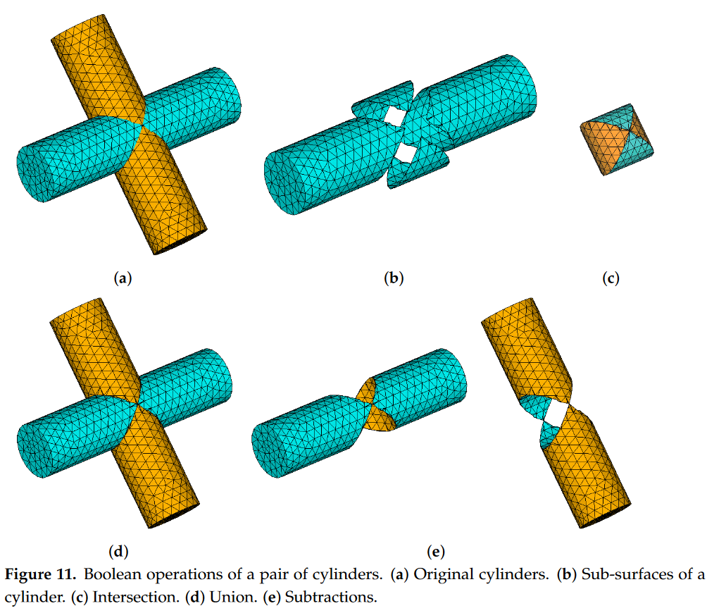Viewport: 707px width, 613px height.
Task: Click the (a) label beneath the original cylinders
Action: [x=123, y=278]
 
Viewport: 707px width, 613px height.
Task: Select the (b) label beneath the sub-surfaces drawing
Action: [x=394, y=278]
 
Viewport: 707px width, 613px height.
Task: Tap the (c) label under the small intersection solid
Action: [x=611, y=278]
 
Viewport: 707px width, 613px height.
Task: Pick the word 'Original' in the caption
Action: [x=439, y=574]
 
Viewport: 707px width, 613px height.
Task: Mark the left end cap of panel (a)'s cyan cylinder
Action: [x=35, y=173]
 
